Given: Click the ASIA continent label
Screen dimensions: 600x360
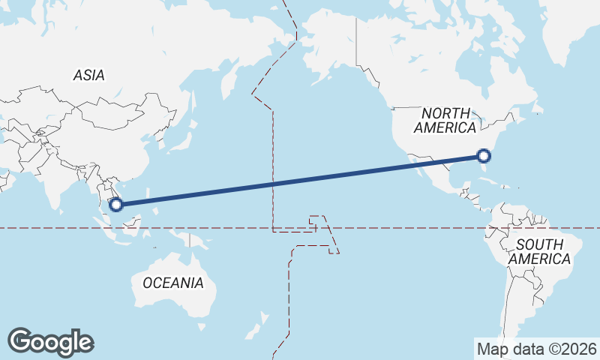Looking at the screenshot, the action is coord(88,75).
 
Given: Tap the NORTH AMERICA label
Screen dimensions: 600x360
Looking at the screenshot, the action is coord(445,121).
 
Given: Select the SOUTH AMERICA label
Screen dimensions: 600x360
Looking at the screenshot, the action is coord(539,251).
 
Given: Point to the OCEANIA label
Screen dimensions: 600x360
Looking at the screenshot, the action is coord(172,283).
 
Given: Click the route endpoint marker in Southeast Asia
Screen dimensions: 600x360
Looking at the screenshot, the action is coord(116,203).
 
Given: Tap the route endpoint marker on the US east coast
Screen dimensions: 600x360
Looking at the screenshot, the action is coord(484,156).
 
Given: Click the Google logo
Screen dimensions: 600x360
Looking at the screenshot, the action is coord(50,342).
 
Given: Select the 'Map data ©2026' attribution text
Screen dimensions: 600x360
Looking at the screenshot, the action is coord(536,349).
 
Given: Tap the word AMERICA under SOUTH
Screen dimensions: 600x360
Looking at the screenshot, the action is coord(539,259).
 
